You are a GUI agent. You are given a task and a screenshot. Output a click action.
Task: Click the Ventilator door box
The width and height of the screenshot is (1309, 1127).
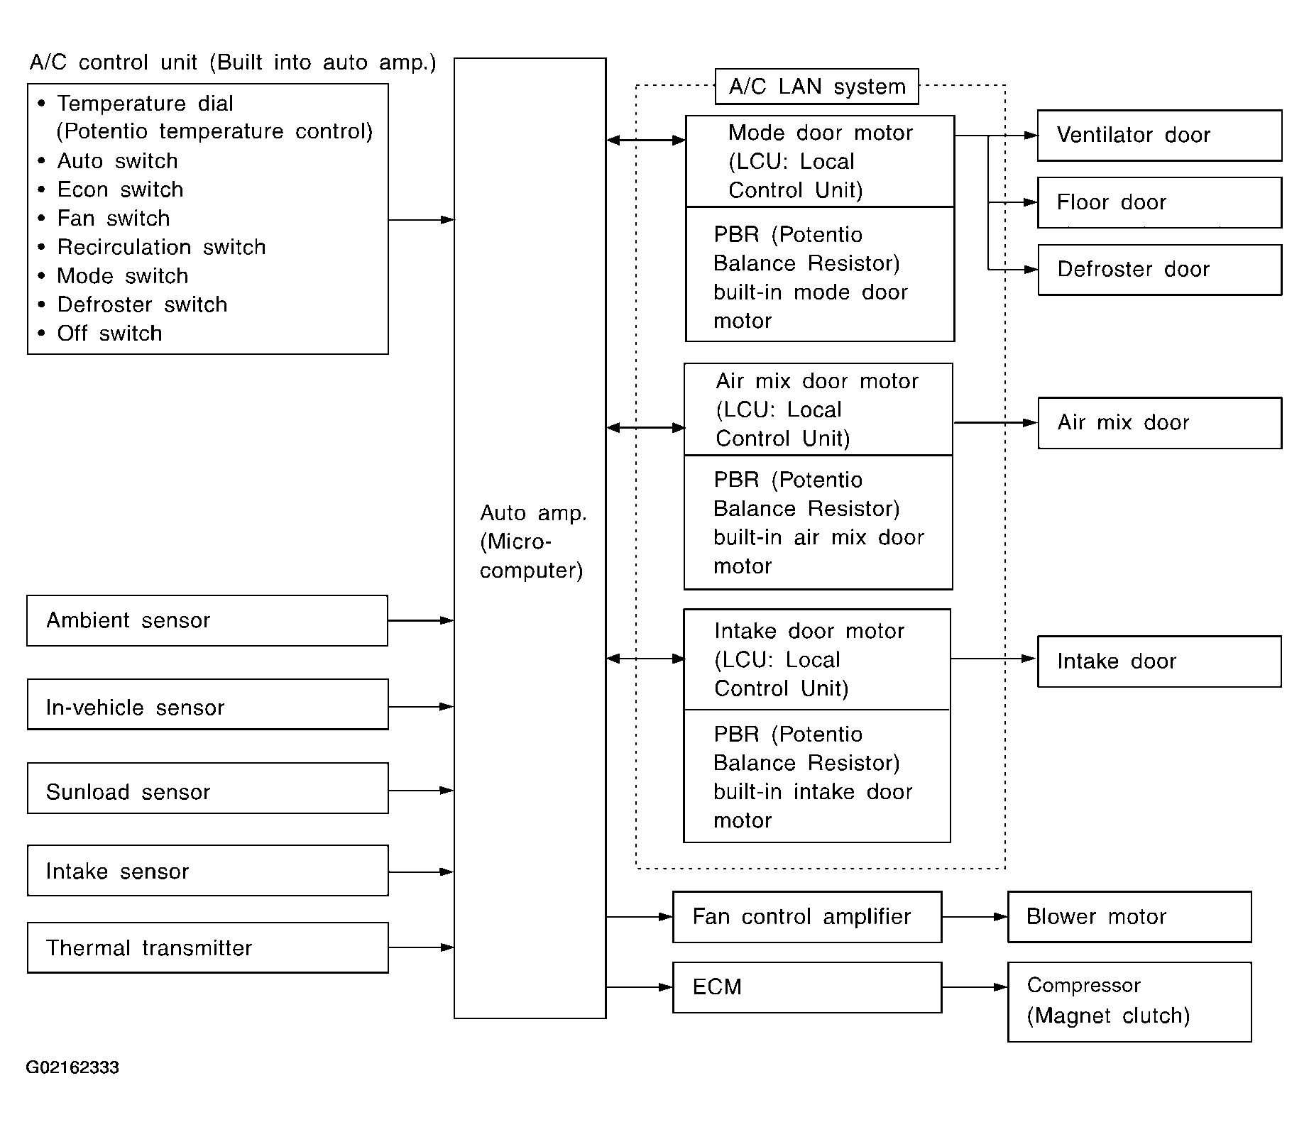pyautogui.click(x=1159, y=136)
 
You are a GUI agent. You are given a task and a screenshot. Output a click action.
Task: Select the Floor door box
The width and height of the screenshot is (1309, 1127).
pyautogui.click(x=1159, y=203)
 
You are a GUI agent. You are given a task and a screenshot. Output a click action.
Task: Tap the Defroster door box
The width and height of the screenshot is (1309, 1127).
pyautogui.click(x=1159, y=270)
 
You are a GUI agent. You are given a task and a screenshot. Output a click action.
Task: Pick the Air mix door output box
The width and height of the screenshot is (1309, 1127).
pyautogui.click(x=1159, y=423)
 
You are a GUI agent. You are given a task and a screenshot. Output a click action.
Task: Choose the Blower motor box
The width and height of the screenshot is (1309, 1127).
pyautogui.click(x=1129, y=917)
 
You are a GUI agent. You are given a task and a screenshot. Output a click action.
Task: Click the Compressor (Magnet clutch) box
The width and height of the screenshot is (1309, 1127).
pyautogui.click(x=1129, y=1001)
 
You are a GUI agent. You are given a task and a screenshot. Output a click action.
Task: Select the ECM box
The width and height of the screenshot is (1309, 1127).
pyautogui.click(x=807, y=987)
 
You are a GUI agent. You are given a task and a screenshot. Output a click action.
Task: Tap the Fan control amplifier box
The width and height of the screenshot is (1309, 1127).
pyautogui.click(x=807, y=917)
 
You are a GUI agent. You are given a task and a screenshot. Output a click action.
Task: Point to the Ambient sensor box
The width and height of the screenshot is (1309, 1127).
pyautogui.click(x=207, y=621)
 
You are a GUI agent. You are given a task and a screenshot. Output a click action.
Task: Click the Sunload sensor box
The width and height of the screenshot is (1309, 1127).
pyautogui.click(x=207, y=788)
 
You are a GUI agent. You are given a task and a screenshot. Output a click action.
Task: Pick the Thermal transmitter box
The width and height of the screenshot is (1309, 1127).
pyautogui.click(x=207, y=948)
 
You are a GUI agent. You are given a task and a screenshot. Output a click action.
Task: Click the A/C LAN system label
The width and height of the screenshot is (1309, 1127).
pyautogui.click(x=817, y=87)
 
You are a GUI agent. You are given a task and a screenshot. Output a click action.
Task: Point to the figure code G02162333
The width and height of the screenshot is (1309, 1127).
pyautogui.click(x=72, y=1068)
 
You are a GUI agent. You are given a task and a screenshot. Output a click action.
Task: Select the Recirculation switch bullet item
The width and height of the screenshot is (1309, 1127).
pyautogui.click(x=152, y=247)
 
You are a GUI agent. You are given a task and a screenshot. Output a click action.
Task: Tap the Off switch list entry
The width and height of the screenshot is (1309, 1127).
pyautogui.click(x=100, y=334)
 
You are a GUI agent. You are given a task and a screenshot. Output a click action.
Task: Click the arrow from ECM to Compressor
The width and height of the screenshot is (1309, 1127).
pyautogui.click(x=975, y=987)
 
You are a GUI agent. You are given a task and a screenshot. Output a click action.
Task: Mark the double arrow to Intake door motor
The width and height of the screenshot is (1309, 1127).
pyautogui.click(x=646, y=659)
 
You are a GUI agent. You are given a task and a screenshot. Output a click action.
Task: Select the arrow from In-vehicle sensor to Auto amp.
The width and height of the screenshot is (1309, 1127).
pyautogui.click(x=422, y=707)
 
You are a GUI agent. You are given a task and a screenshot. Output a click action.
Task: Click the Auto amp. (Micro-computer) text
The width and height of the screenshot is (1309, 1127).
pyautogui.click(x=532, y=541)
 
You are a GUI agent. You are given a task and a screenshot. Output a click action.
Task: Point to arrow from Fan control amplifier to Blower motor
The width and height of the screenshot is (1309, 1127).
pyautogui.click(x=975, y=917)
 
